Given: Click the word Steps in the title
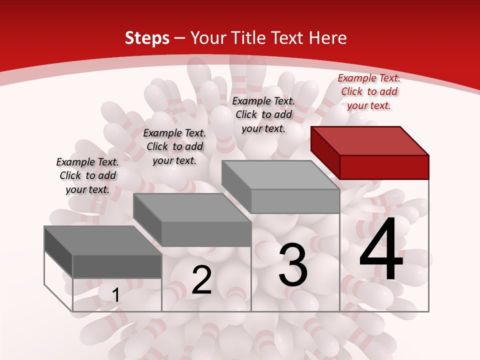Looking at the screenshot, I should tap(146, 38).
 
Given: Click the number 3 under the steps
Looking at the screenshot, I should tap(293, 265).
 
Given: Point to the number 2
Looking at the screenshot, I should tap(201, 280).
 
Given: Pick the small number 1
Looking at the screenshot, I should tap(115, 295).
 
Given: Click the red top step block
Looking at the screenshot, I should tap(384, 166).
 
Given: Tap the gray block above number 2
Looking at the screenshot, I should tap(206, 233).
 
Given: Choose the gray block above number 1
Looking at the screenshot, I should tap(117, 266).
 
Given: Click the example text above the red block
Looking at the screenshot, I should tap(369, 91).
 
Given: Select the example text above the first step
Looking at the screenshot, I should tap(87, 175).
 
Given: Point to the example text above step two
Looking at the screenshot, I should tap(174, 146).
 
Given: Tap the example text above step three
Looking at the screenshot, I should tap(263, 114).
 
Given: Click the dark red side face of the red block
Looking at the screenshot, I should tap(325, 152).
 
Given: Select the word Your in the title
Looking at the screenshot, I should tap(208, 38).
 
